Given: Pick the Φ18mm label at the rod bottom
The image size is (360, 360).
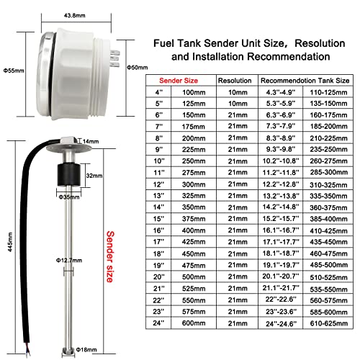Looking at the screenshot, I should tap(86, 351).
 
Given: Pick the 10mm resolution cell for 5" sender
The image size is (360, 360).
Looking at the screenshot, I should tap(234, 105).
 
